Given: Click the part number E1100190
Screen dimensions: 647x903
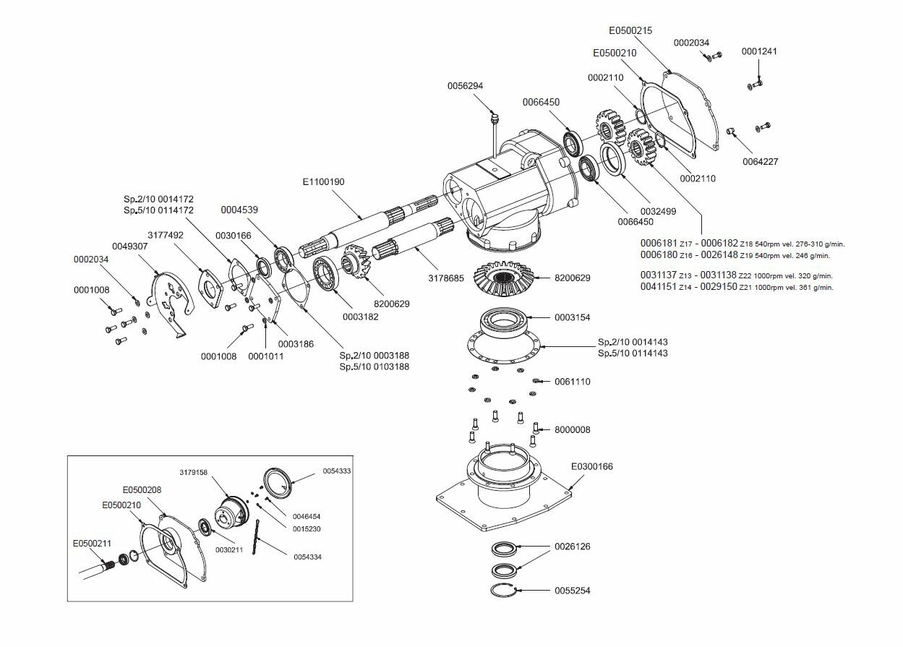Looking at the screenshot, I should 323,182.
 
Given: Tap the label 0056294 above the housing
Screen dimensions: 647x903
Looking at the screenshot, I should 465,86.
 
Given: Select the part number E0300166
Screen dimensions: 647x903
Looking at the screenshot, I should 591,466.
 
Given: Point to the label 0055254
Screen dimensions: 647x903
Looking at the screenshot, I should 573,591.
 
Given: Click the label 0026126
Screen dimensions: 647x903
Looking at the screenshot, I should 573,547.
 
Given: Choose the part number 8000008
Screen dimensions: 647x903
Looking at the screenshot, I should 573,429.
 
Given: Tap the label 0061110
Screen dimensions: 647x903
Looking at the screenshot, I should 573,381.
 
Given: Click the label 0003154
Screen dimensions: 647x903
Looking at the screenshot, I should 573,317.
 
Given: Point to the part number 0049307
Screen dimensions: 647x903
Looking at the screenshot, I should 129,246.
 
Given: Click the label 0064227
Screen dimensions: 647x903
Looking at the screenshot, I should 761,162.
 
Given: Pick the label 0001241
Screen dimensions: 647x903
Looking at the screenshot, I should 759,51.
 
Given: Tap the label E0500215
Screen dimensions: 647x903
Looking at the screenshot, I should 630,31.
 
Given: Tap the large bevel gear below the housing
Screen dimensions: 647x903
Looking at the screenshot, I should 502,280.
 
